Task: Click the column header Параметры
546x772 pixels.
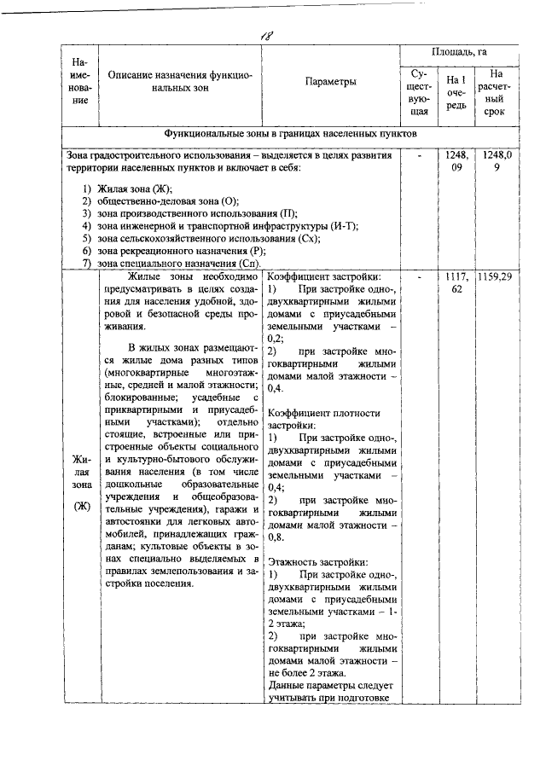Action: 329,83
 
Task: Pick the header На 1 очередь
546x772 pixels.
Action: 456,93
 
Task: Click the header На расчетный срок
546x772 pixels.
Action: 496,93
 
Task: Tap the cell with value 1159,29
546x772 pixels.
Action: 496,277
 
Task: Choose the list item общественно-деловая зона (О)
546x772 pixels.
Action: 167,200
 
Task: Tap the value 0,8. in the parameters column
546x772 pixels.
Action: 276,537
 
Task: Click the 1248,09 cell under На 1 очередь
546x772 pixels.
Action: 456,162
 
